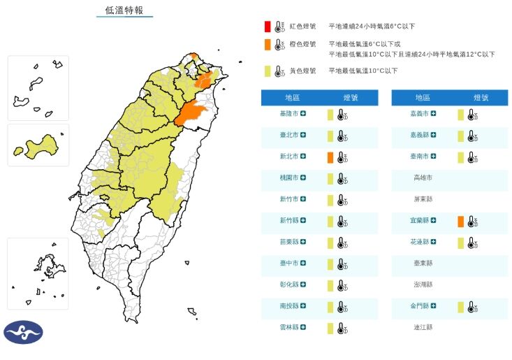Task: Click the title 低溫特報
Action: point(124,10)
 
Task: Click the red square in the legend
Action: point(267,27)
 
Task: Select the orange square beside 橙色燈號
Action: point(267,45)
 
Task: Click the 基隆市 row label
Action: point(288,114)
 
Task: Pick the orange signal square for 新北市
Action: point(330,157)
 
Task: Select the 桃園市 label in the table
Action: point(288,178)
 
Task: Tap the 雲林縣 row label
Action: point(288,327)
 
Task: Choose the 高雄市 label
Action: point(423,178)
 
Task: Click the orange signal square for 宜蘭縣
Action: point(460,222)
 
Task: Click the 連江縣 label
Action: point(423,327)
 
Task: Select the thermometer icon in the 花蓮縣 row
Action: point(472,243)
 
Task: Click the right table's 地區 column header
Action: point(423,98)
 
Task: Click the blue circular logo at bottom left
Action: point(23,332)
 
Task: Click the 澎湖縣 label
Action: point(423,285)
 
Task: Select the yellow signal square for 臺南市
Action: point(460,157)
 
